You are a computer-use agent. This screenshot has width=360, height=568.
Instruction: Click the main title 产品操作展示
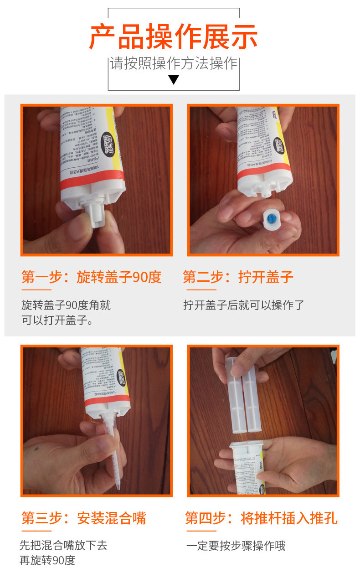pyautogui.click(x=174, y=36)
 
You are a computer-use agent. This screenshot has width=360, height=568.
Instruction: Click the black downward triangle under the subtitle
pyautogui.click(x=174, y=80)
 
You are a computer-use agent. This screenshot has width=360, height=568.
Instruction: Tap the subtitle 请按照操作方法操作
pyautogui.click(x=174, y=64)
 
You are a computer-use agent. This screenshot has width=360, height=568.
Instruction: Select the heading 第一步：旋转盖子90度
pyautogui.click(x=92, y=277)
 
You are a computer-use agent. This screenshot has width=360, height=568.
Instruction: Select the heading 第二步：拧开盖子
pyautogui.click(x=238, y=277)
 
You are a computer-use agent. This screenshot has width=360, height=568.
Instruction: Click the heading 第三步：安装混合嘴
pyautogui.click(x=84, y=518)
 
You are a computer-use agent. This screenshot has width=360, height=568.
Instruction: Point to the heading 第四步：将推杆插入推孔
pyautogui.click(x=261, y=518)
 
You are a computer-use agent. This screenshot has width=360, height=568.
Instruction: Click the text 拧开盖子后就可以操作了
pyautogui.click(x=243, y=305)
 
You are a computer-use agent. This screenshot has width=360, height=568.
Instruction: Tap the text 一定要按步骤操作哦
pyautogui.click(x=236, y=545)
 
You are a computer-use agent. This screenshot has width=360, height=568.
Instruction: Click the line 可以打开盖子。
pyautogui.click(x=57, y=320)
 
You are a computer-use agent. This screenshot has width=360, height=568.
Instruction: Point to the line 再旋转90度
pyautogui.click(x=47, y=560)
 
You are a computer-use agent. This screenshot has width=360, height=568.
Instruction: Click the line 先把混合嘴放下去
pyautogui.click(x=63, y=545)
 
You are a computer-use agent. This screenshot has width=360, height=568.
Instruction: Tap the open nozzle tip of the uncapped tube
pyautogui.click(x=264, y=193)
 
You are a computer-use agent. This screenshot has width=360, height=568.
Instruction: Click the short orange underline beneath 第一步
pyautogui.click(x=36, y=289)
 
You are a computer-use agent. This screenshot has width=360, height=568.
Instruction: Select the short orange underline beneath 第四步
pyautogui.click(x=200, y=531)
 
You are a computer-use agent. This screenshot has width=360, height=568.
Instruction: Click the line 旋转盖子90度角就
pyautogui.click(x=66, y=305)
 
